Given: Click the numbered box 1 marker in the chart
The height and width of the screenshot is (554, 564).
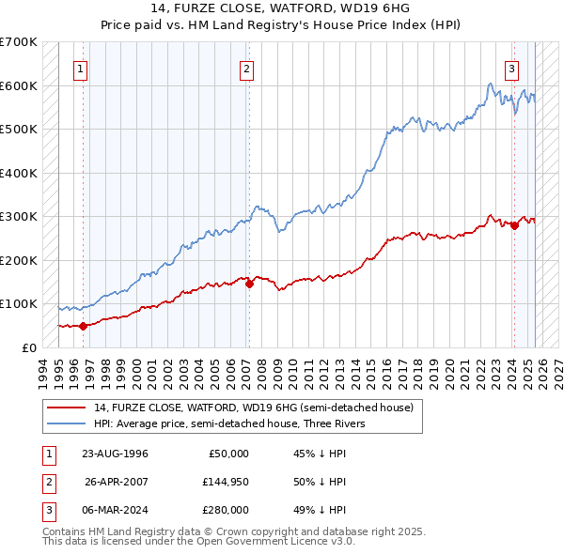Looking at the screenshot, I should click(x=81, y=68).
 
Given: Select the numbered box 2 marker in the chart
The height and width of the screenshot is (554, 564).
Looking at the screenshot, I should click(x=245, y=68).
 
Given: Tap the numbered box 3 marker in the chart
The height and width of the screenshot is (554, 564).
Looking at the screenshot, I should click(x=511, y=68).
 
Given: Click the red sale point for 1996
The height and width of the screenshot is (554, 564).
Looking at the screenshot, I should click(x=83, y=326).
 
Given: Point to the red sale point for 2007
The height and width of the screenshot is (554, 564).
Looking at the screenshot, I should click(x=249, y=285).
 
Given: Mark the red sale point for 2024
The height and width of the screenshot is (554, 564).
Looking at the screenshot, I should click(x=514, y=225).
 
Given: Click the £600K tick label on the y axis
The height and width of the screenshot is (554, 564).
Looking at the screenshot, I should click(x=19, y=85).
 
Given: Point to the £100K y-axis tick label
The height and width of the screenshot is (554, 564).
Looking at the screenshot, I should click(x=19, y=304).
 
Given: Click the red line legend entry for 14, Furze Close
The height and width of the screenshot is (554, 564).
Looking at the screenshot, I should click(x=253, y=408).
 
